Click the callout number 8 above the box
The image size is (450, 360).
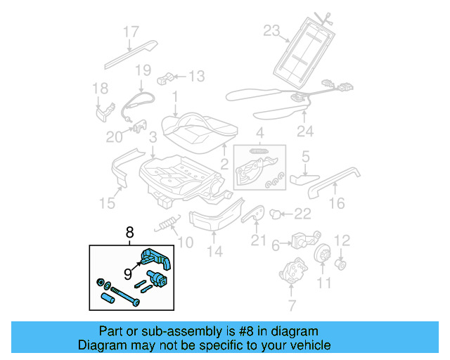tap(129, 231)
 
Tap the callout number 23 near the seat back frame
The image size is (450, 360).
tap(271, 30)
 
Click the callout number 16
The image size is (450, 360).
tap(337, 203)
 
